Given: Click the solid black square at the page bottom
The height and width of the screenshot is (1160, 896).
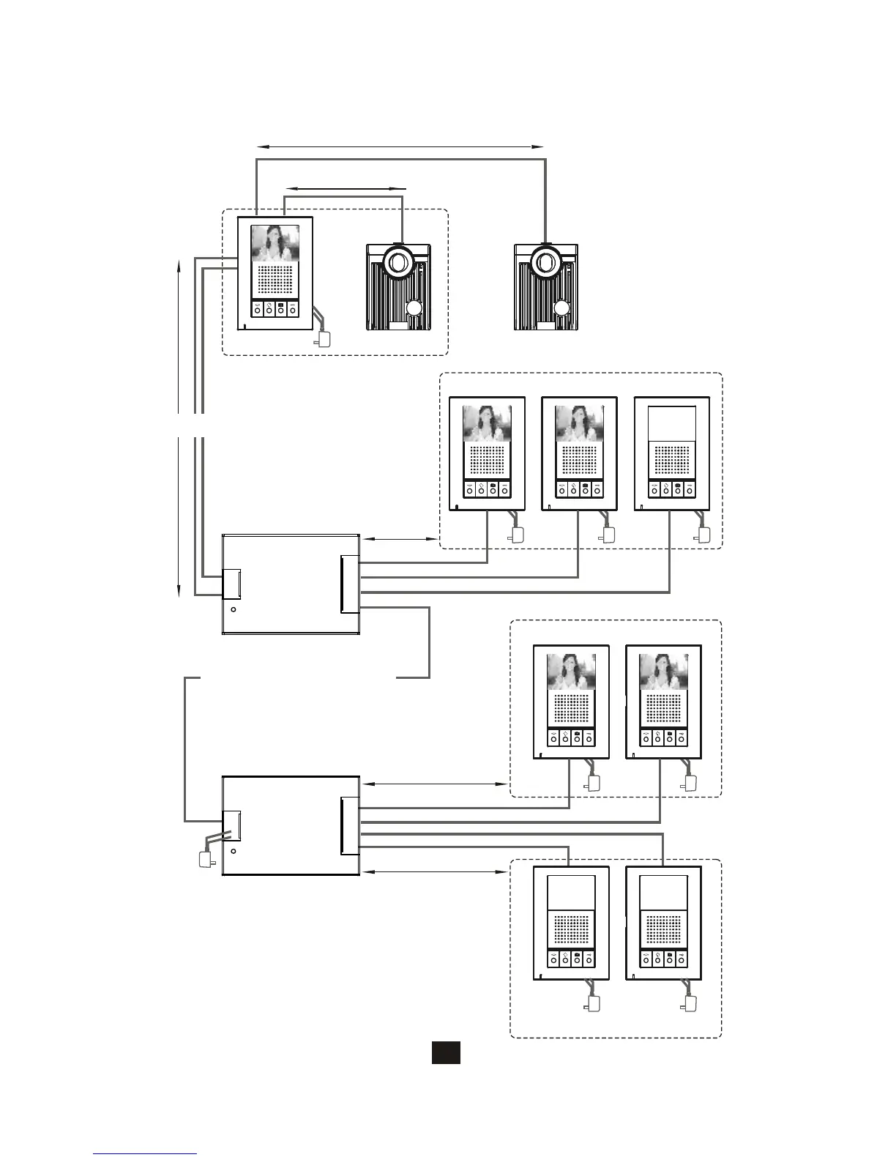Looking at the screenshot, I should [x=445, y=1052].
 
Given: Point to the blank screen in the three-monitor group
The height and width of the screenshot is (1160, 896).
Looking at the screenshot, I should [x=671, y=425].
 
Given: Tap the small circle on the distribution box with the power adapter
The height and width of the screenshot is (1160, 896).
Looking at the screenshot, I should [x=234, y=852].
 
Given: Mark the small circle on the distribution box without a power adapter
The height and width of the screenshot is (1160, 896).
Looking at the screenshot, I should [x=234, y=609].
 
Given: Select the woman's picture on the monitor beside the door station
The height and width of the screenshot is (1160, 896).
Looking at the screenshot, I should [x=275, y=243].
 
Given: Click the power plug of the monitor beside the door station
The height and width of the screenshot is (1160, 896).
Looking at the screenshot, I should [x=324, y=339].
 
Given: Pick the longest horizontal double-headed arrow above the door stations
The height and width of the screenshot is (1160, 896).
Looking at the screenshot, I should [x=400, y=147].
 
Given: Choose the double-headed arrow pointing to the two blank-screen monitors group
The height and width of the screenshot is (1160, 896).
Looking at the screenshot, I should [x=435, y=871].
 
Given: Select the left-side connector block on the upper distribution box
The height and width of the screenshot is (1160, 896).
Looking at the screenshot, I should [x=232, y=584].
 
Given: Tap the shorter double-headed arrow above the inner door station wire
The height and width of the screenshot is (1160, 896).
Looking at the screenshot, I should [x=344, y=188].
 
